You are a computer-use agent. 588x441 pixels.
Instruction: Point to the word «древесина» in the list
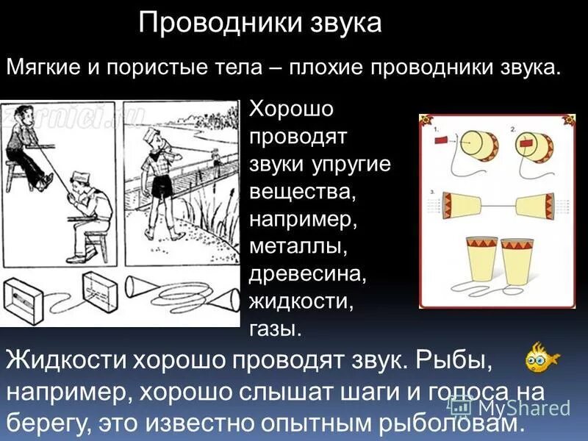(306, 273)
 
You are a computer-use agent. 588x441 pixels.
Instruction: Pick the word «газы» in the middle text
(276, 329)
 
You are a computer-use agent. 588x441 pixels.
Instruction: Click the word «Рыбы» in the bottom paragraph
(454, 362)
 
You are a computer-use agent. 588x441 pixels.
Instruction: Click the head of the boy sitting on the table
(16, 122)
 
